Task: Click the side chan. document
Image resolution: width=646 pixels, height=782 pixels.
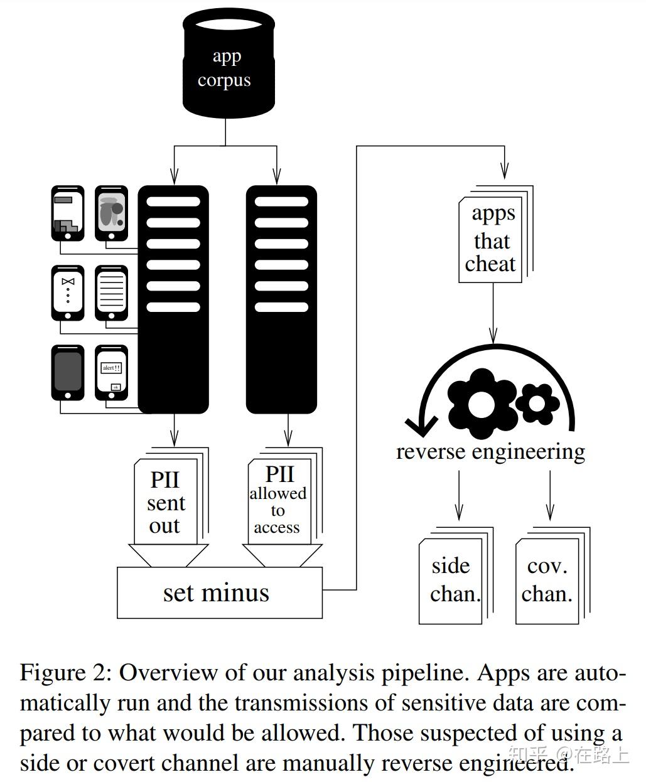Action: (x=452, y=581)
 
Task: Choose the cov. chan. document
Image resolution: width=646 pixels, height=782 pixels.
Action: (x=548, y=581)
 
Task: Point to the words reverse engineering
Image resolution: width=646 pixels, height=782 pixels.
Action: (x=490, y=451)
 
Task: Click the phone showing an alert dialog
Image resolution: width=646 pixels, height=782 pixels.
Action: (x=111, y=372)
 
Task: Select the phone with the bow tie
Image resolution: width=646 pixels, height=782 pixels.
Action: (x=68, y=292)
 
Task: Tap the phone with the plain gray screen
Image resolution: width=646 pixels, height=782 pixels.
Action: (x=68, y=372)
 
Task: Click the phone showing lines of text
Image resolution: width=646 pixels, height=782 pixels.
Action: (x=111, y=292)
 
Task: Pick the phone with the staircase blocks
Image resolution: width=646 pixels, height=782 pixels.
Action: (x=68, y=213)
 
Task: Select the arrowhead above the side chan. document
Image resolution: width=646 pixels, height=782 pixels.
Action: (x=459, y=513)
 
